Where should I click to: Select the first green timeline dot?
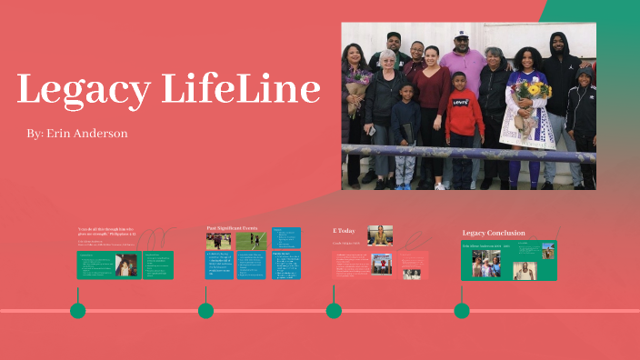coord(78,311)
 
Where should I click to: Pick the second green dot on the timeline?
coord(206,311)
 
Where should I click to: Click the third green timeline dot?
coord(334,311)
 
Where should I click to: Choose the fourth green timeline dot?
coord(462,311)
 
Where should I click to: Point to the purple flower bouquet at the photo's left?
coord(355,85)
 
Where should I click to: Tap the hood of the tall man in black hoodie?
coord(558,41)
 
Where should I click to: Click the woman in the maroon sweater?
coord(432,91)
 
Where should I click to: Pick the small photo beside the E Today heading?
coord(380,235)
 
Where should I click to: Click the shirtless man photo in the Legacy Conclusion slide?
coord(525,270)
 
